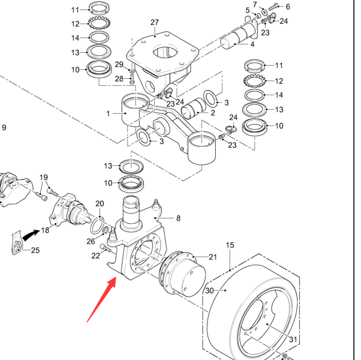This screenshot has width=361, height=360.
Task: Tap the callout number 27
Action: (155, 22)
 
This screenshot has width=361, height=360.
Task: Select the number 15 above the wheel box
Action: (231, 245)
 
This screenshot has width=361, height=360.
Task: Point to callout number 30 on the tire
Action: (209, 291)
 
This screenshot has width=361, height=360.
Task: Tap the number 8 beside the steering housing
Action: (178, 218)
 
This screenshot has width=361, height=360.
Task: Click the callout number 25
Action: (35, 250)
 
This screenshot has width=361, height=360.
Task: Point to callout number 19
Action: (44, 178)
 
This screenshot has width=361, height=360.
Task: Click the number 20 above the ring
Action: (100, 204)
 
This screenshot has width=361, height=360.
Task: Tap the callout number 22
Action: (96, 256)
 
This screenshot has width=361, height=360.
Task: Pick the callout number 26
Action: (90, 241)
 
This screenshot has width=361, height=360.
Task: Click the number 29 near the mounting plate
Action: (119, 65)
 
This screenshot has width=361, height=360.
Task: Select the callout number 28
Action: (119, 78)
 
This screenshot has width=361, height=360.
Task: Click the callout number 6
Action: (288, 7)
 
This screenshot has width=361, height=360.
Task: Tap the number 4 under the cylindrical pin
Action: (253, 44)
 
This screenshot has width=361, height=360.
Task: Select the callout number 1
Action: (108, 112)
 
